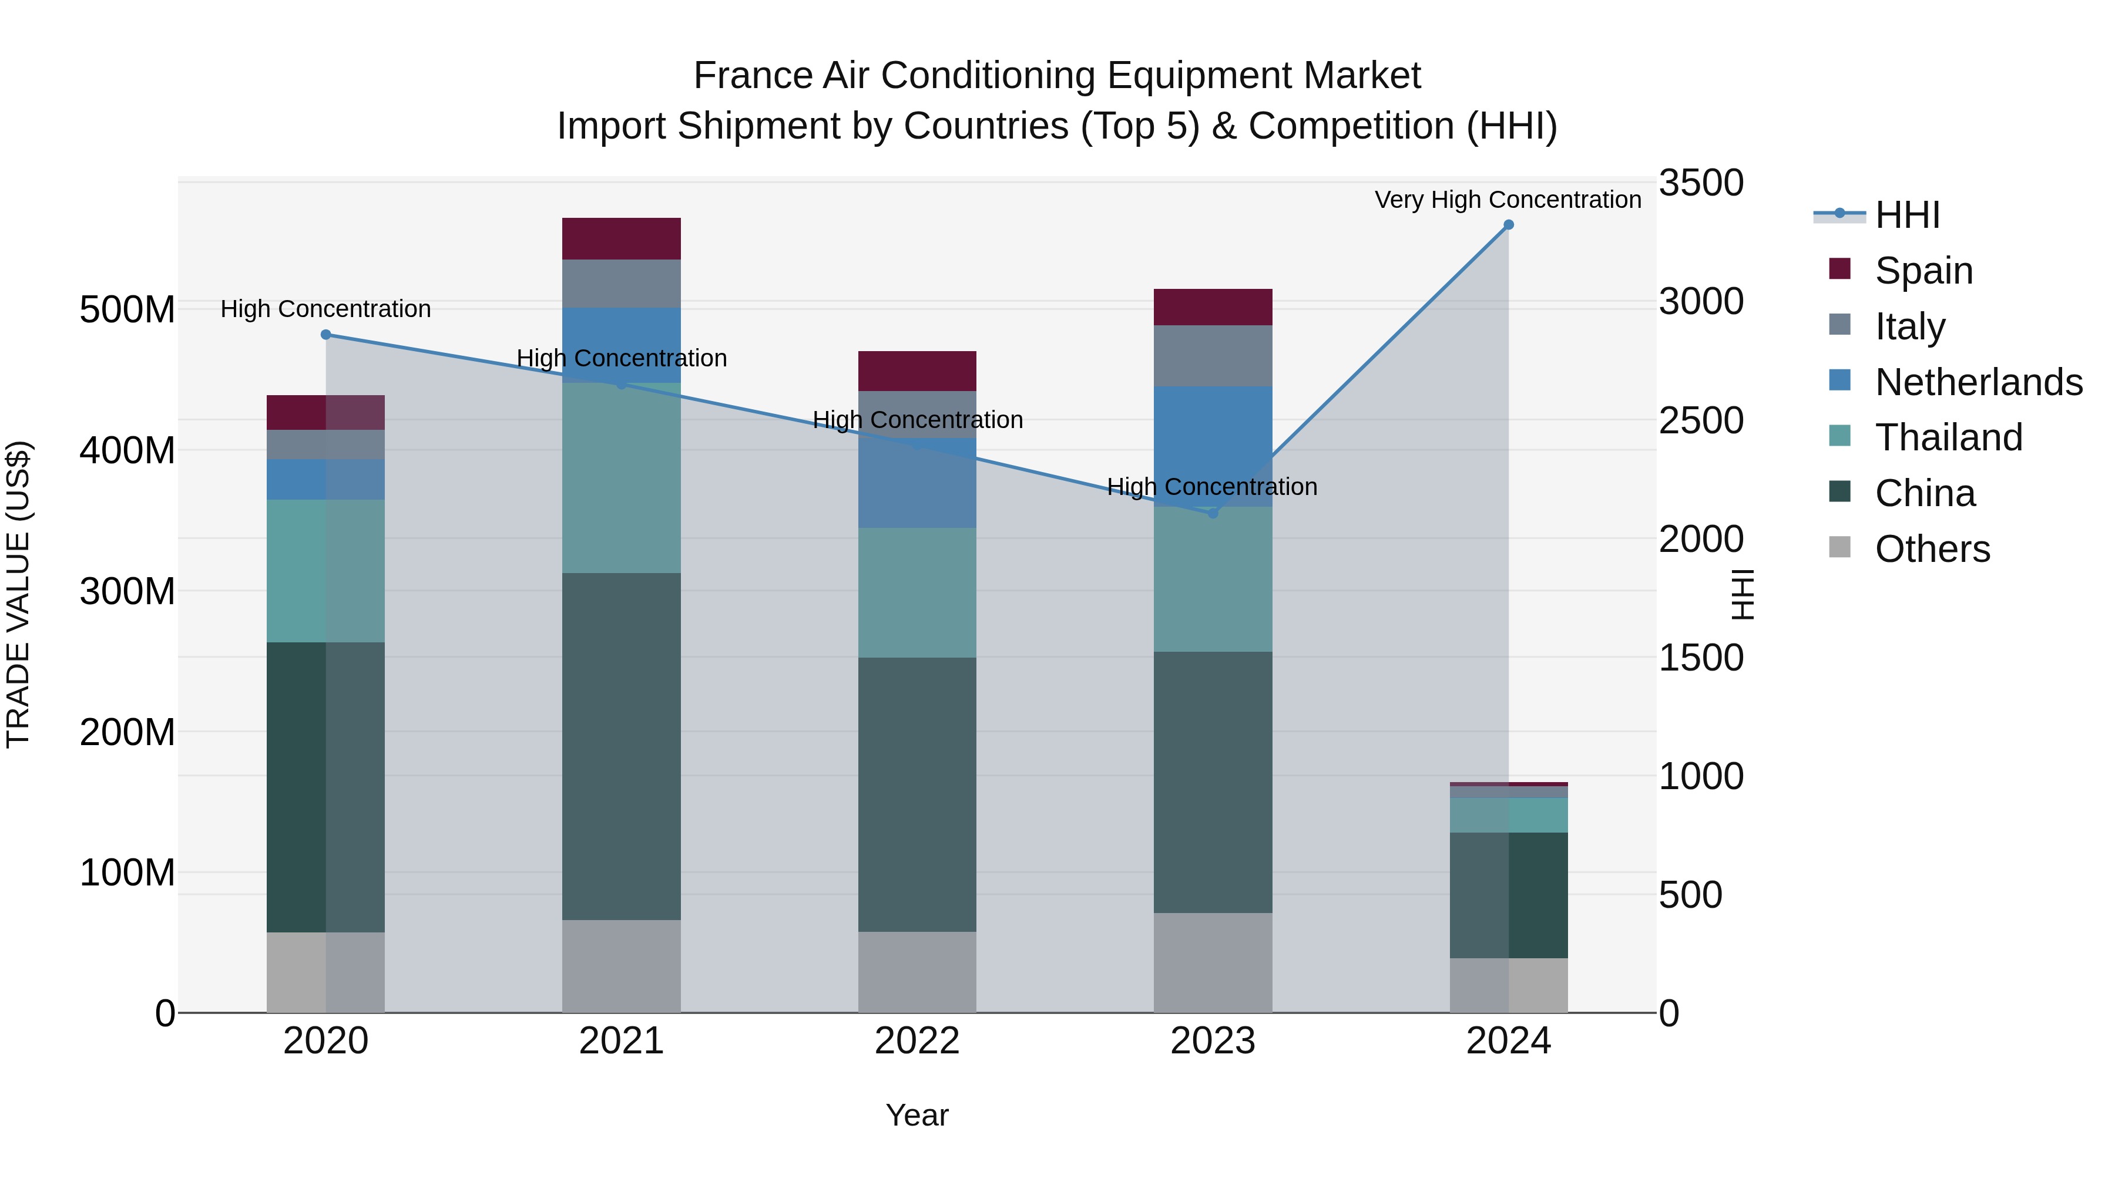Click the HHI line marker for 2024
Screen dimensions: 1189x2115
click(1508, 225)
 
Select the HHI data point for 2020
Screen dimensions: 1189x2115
click(326, 335)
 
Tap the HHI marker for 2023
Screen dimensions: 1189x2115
click(1213, 513)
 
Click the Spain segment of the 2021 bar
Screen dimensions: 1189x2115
click(622, 239)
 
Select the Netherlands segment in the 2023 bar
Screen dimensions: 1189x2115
click(1213, 435)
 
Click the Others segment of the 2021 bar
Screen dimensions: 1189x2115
click(622, 966)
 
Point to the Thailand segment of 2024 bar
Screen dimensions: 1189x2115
click(1508, 815)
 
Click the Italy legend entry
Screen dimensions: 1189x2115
click(1910, 326)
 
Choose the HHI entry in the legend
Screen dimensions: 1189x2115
click(1906, 215)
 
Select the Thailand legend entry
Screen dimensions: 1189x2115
click(1948, 437)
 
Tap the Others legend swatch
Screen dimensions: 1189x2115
click(1840, 547)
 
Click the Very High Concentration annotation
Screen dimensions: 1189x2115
click(1508, 200)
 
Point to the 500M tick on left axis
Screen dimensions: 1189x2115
click(127, 310)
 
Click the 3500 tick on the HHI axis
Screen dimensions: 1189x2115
click(1700, 183)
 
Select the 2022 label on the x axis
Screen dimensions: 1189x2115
click(917, 1041)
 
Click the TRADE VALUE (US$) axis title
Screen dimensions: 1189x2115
click(19, 595)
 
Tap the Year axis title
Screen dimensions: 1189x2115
click(917, 1115)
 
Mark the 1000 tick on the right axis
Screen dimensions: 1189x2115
click(1700, 776)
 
